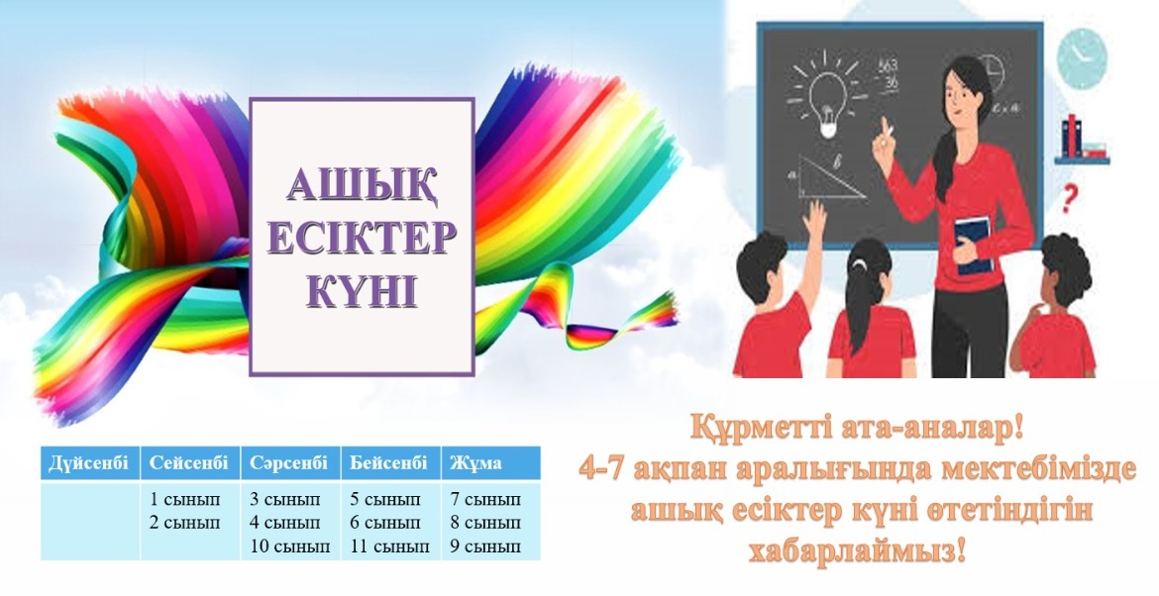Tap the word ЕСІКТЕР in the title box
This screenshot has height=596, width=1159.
(363, 239)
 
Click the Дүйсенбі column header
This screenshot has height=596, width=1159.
(89, 463)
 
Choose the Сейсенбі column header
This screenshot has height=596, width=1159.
(189, 463)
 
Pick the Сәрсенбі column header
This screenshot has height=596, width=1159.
(288, 463)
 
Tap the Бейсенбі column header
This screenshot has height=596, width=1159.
(388, 463)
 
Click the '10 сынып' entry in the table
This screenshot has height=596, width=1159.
(289, 547)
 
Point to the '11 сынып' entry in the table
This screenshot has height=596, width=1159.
(389, 547)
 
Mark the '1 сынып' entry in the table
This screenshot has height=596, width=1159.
(185, 500)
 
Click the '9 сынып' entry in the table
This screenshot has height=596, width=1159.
(485, 547)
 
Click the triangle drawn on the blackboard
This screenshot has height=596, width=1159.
(831, 179)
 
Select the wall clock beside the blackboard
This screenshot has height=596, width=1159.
(1082, 54)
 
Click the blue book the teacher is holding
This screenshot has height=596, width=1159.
(974, 244)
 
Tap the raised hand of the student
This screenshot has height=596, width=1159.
(816, 217)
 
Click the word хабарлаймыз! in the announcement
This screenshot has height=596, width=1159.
(858, 550)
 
